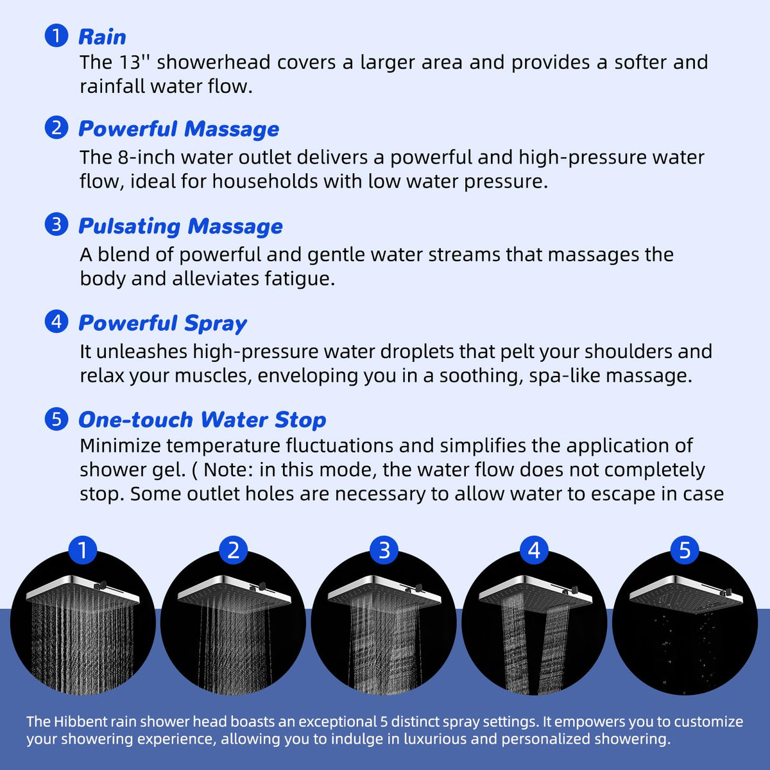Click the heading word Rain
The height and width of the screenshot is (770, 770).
(102, 37)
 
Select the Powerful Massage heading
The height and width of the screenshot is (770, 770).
(178, 129)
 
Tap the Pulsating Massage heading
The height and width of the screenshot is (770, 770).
(180, 227)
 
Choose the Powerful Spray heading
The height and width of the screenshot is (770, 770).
(162, 323)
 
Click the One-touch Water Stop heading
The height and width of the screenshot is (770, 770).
(202, 420)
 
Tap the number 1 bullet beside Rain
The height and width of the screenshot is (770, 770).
(56, 35)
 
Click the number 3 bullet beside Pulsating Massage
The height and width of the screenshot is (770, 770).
(56, 224)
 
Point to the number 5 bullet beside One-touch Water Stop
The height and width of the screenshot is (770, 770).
(56, 419)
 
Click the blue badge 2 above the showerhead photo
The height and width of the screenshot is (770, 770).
(234, 550)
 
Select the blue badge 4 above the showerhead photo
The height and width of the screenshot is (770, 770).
(535, 550)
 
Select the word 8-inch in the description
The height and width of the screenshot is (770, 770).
(146, 157)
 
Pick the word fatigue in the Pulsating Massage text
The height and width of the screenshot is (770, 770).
(299, 279)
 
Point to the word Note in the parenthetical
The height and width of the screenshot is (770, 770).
(227, 470)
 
